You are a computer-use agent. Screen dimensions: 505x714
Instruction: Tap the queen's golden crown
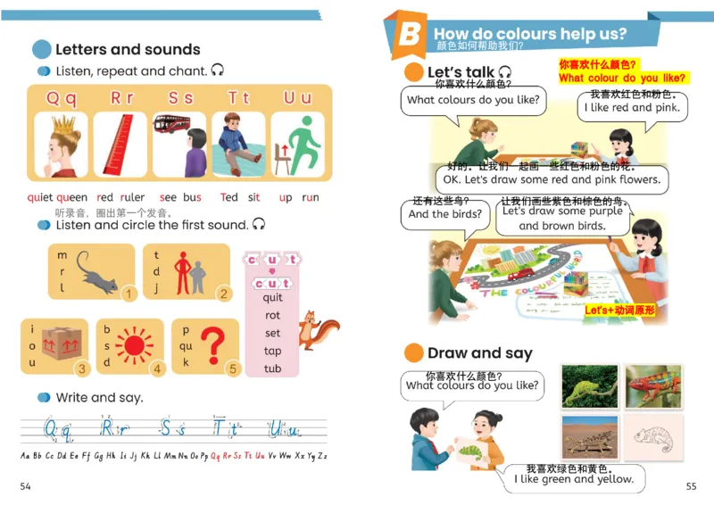click(x=62, y=122)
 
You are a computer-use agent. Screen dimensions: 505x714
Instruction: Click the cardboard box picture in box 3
click(x=60, y=344)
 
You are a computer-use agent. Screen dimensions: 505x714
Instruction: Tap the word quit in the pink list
click(x=272, y=298)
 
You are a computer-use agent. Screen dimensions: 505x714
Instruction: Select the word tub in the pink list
click(x=272, y=368)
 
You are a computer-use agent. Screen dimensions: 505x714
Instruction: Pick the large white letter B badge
click(x=408, y=35)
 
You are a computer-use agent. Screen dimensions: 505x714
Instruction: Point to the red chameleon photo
click(x=653, y=385)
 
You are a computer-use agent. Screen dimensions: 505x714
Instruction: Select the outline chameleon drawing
click(x=653, y=436)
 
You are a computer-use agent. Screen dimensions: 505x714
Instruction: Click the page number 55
click(x=691, y=486)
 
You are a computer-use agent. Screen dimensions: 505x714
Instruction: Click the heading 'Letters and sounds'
click(x=128, y=50)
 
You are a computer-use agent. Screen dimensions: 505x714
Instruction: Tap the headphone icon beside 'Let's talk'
click(x=505, y=72)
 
